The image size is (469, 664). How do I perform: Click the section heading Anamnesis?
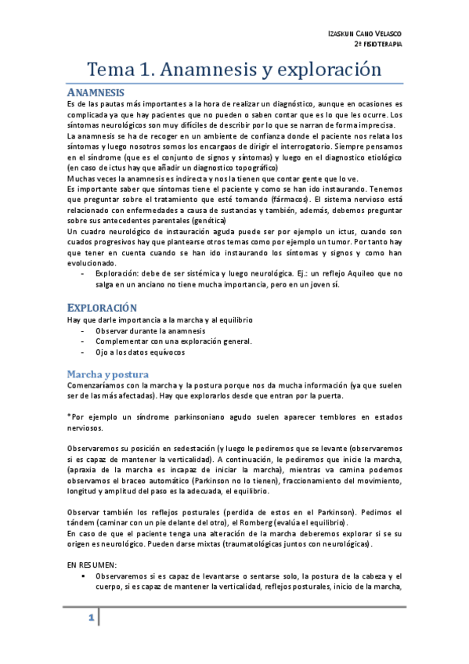(96, 92)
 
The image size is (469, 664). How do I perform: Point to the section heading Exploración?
(102, 309)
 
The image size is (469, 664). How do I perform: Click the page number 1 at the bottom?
(91, 619)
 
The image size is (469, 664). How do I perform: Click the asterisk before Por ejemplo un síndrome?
(69, 417)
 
